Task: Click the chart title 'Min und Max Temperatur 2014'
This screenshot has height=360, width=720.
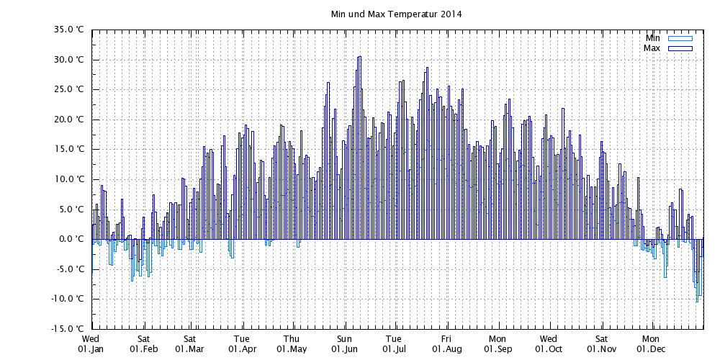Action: click(395, 14)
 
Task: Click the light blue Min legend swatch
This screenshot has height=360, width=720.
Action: click(680, 38)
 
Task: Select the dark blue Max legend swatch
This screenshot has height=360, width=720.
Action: click(680, 48)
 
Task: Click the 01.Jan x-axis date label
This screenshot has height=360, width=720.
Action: click(91, 349)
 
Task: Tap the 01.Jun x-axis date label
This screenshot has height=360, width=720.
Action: click(345, 349)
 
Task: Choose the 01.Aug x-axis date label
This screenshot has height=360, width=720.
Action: click(446, 349)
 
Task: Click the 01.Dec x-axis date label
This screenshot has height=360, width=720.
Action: click(650, 349)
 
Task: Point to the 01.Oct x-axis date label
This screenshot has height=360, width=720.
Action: click(548, 349)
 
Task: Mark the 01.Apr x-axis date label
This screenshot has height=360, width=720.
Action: click(242, 349)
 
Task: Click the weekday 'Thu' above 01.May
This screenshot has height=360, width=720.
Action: click(292, 338)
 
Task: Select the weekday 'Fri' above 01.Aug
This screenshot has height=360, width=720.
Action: click(446, 338)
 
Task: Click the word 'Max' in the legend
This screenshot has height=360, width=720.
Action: click(652, 48)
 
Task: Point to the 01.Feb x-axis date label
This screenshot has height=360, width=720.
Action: click(143, 349)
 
